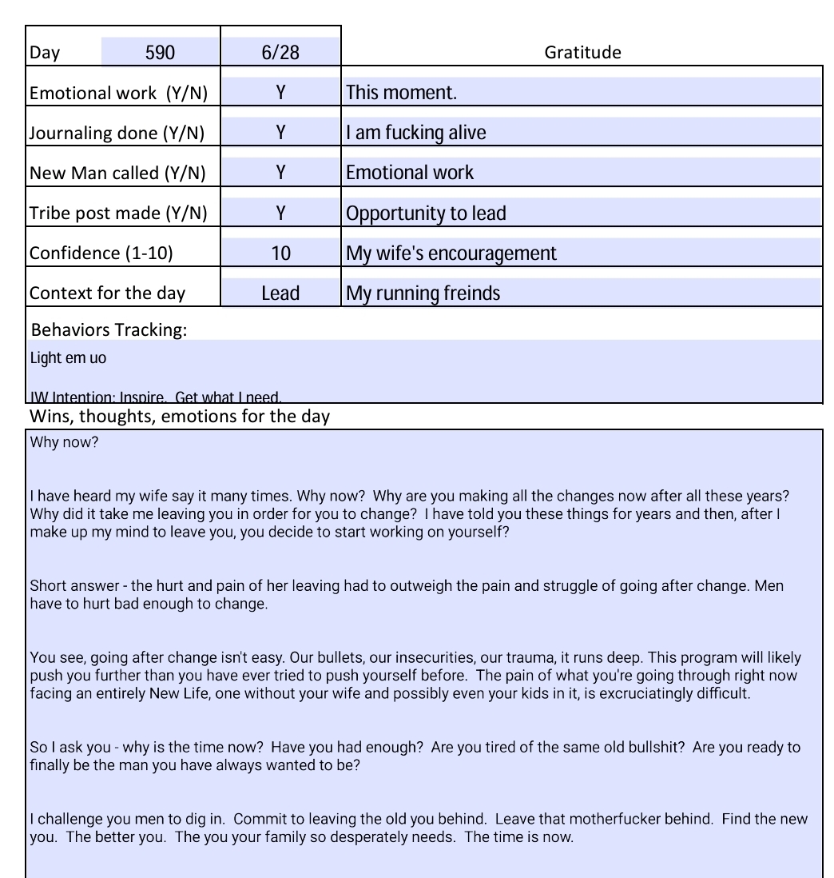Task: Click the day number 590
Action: pos(160,53)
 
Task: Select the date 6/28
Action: pos(280,53)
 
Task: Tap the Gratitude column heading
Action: pos(582,53)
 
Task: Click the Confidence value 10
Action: pos(280,253)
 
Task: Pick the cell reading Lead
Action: pos(280,293)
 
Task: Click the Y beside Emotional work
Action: pos(280,93)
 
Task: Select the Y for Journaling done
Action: pos(280,133)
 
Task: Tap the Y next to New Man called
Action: pos(280,173)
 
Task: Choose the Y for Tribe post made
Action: pos(280,213)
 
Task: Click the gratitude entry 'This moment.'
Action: pos(401,93)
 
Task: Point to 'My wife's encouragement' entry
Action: pos(451,253)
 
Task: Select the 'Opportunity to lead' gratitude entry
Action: pos(426,214)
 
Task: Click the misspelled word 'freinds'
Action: pos(471,293)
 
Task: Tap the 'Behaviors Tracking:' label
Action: pos(109,330)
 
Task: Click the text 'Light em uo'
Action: pos(68,358)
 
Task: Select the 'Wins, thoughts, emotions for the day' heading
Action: pos(179,417)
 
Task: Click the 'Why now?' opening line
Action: pos(64,442)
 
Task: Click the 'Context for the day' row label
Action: pos(107,293)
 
